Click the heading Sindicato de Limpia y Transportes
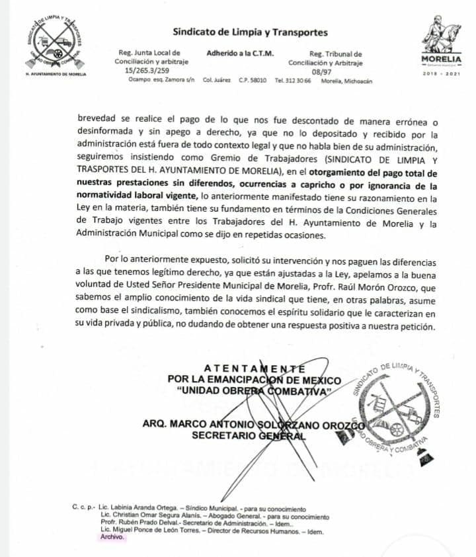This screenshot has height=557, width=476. [x=250, y=31]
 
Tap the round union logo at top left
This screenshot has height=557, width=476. [x=55, y=43]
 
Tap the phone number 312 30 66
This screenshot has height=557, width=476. [x=299, y=80]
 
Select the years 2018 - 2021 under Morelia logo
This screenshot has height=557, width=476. [x=441, y=73]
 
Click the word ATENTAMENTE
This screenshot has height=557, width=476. [x=255, y=368]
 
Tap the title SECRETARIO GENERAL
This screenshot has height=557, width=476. [x=249, y=435]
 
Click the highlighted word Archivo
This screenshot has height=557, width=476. [x=111, y=538]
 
